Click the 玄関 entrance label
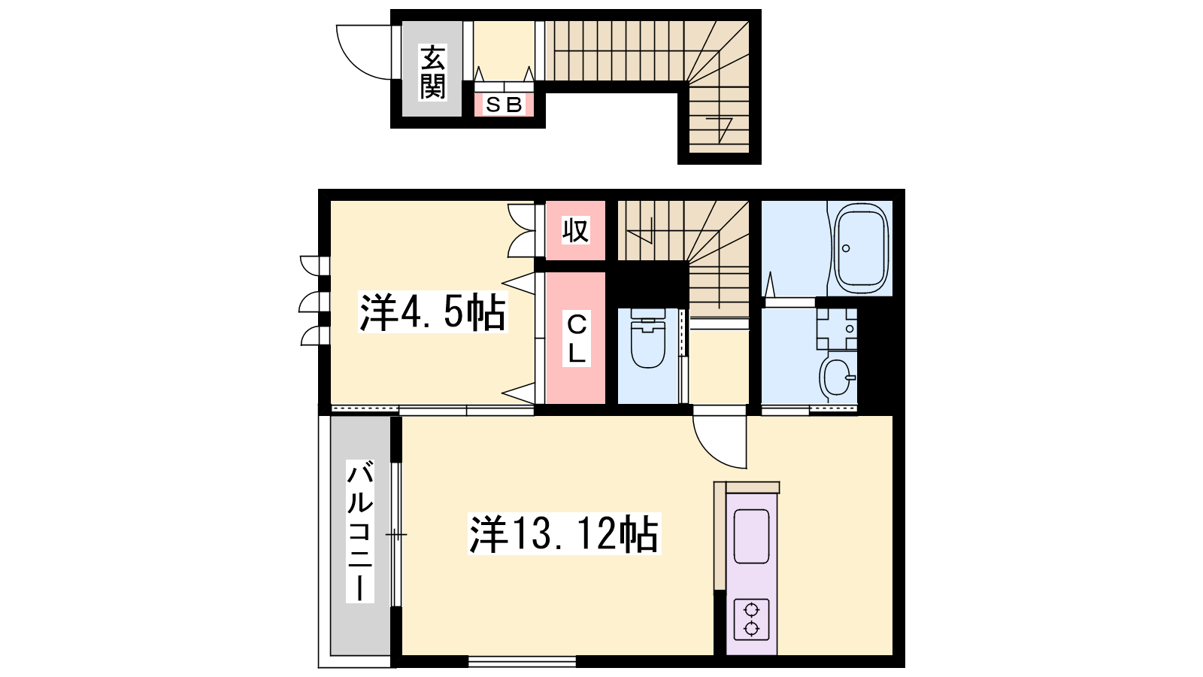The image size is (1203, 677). [x=432, y=72]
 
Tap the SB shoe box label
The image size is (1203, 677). [x=504, y=105]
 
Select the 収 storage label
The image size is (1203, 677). [x=575, y=230]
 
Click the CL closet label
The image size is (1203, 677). [x=576, y=338]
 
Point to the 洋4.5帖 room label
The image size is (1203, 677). [x=432, y=311]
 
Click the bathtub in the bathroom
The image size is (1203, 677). [x=860, y=248]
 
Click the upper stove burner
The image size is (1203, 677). [x=751, y=610]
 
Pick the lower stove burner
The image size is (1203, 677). [x=751, y=628]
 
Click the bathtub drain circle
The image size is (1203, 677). [x=847, y=248]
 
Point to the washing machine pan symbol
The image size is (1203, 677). [x=837, y=329]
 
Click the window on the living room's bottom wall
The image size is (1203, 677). [x=522, y=661]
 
